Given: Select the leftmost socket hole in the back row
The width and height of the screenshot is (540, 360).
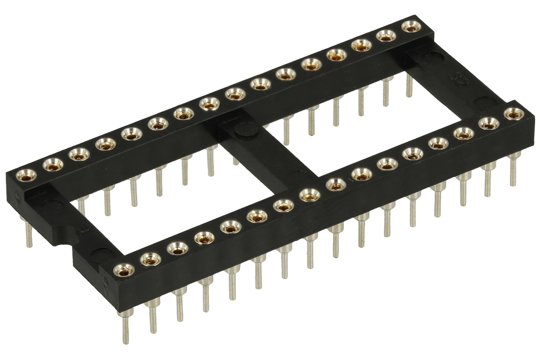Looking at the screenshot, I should [23, 174].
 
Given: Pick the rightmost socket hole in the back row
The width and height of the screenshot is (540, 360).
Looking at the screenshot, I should [409, 27].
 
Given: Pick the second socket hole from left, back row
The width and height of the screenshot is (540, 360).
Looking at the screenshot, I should [52, 165].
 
